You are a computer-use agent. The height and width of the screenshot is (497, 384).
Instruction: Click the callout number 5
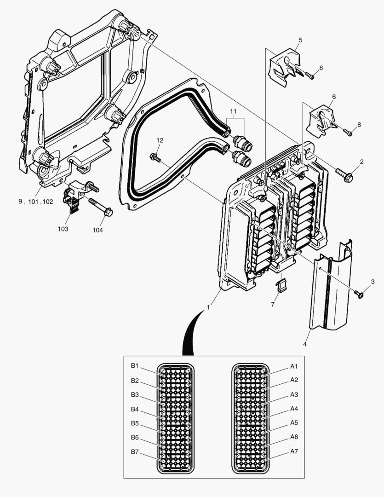point(300,40)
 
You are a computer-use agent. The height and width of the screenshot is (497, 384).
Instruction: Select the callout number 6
point(333,97)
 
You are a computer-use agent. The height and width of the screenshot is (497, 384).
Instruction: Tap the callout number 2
point(361,162)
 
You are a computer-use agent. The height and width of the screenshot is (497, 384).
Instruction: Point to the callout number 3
point(373,281)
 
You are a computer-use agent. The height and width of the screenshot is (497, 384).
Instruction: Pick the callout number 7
point(272,305)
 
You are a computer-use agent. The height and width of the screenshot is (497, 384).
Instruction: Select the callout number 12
point(160,140)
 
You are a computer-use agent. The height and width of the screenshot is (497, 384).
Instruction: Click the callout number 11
point(234,112)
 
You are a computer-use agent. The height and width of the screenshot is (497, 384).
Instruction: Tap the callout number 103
point(63,229)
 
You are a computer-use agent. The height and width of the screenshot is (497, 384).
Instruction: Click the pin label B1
point(134,366)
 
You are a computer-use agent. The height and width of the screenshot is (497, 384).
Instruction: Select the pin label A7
point(294,451)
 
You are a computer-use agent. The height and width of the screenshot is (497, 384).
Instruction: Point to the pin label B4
point(134,409)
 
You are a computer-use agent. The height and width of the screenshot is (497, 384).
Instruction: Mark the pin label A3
point(294,395)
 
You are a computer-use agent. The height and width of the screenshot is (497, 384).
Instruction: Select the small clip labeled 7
point(281,286)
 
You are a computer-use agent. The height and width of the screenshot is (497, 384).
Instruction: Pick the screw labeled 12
point(155,158)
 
